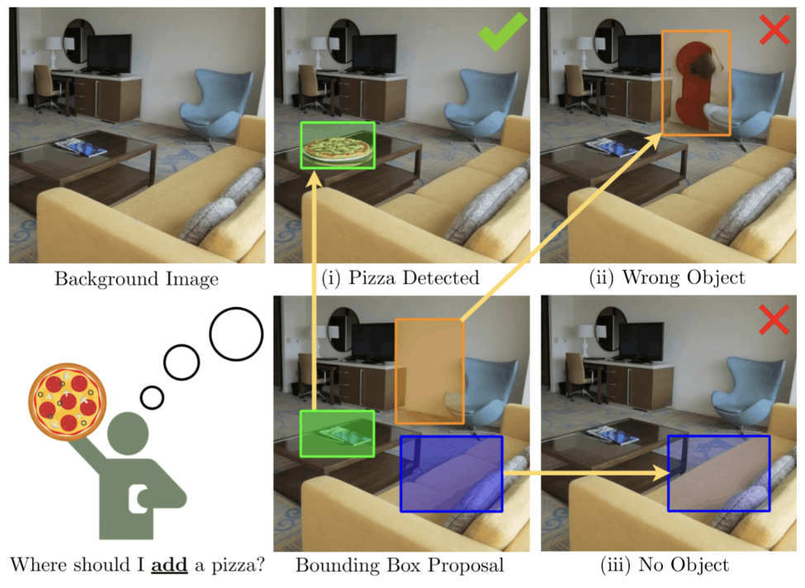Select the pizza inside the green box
(x=337, y=149)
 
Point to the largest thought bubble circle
(x=236, y=334)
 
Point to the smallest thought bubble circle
(x=152, y=397)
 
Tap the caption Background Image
(x=136, y=279)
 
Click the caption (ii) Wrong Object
(x=667, y=277)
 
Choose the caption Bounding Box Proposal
(x=399, y=566)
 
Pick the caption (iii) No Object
(x=665, y=566)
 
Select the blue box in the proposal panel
(x=451, y=473)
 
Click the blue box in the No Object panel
(x=718, y=473)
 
